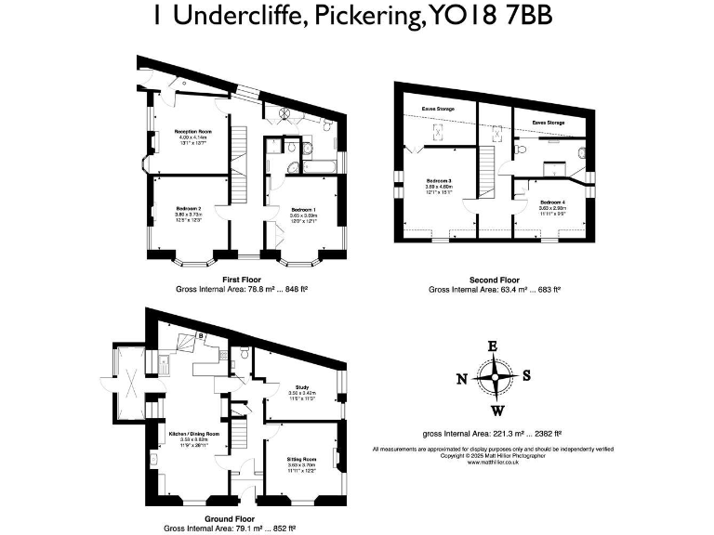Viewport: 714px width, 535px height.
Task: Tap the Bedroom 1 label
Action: (302, 210)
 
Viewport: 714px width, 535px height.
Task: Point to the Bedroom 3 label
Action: (439, 180)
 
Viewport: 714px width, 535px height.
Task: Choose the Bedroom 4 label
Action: (551, 202)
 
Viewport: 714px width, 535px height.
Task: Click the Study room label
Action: (301, 386)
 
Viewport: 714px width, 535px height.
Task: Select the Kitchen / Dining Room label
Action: (193, 434)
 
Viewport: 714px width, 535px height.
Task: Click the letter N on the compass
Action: (461, 378)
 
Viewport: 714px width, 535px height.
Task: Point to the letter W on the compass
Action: (498, 411)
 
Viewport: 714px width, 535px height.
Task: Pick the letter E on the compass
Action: (494, 346)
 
